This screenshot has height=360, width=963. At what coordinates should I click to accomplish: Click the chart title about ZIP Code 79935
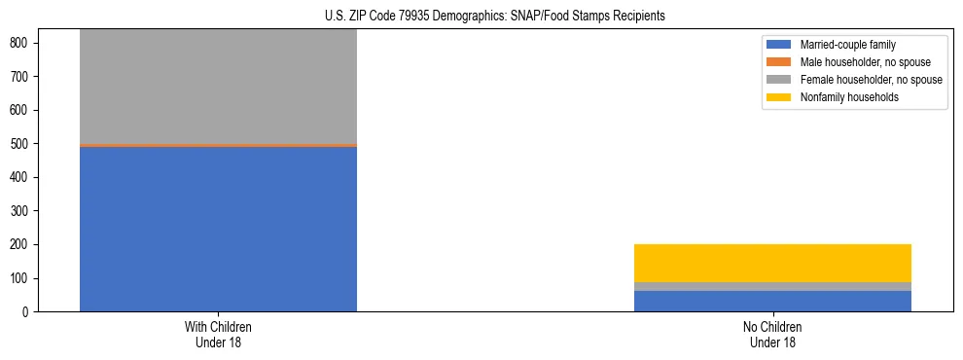(495, 17)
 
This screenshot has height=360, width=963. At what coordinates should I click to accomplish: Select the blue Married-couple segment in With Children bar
(218, 229)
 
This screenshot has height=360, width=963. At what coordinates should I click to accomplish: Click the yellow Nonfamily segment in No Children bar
(772, 263)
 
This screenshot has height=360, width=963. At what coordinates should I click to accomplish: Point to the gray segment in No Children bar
(772, 286)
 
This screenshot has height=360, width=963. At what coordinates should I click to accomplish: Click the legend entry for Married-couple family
(847, 45)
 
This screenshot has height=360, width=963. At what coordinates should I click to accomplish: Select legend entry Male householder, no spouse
(865, 62)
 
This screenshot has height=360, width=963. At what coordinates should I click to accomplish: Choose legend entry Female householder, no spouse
(871, 80)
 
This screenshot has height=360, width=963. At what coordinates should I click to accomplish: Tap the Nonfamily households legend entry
(849, 97)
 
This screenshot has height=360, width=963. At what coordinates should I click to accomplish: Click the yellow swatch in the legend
(779, 97)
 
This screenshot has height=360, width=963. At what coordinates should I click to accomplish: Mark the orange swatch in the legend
(779, 62)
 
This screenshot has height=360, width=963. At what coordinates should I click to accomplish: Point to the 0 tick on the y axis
(27, 312)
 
